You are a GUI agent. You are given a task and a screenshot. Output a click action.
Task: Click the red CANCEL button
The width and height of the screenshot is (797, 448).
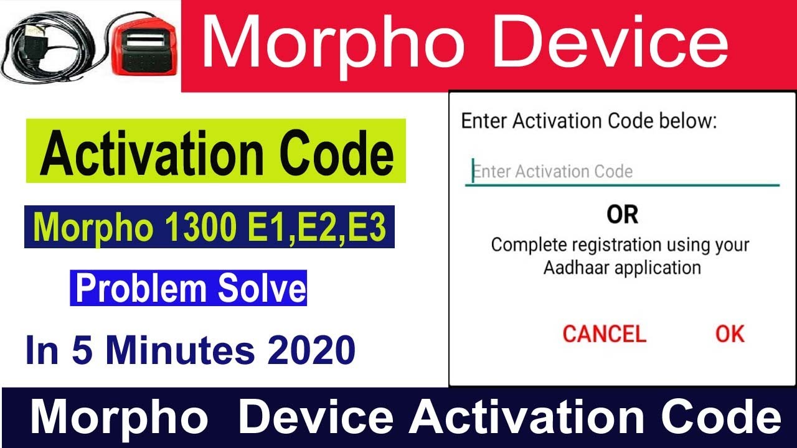tap(604, 334)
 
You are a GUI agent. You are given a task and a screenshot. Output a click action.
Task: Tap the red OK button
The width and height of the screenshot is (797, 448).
tap(730, 334)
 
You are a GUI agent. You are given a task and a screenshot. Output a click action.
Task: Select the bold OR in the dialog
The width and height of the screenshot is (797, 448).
tap(622, 215)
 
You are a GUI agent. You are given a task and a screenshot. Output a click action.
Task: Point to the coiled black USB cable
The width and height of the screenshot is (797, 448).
tap(50, 50)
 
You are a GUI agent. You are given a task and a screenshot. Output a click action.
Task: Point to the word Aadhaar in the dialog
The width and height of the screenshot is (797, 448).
tap(580, 268)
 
